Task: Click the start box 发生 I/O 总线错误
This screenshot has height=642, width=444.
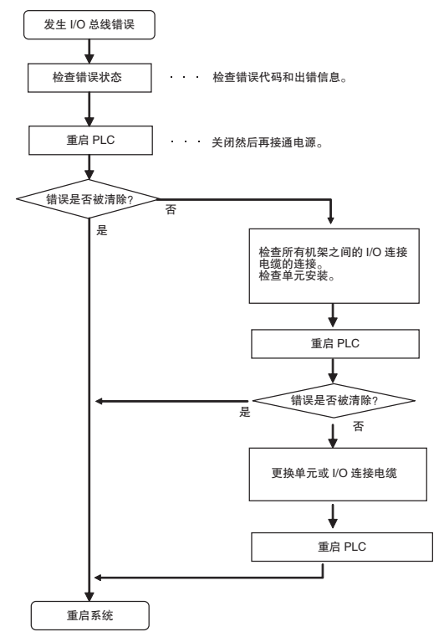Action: point(89,25)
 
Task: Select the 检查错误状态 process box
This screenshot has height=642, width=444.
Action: point(89,77)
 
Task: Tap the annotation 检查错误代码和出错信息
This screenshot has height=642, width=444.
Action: point(279,77)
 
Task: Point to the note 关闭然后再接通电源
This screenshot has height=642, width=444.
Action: point(267,142)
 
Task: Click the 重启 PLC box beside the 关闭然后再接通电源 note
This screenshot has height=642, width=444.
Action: point(90,140)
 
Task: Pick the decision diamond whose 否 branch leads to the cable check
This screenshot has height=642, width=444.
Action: point(88,199)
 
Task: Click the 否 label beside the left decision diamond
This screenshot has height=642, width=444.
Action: point(171,209)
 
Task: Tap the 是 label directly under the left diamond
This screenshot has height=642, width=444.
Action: point(102,230)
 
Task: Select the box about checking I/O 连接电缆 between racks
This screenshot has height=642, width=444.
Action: point(334,265)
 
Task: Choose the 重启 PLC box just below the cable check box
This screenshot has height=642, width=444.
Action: point(335,343)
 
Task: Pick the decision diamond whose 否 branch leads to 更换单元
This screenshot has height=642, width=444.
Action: point(334,400)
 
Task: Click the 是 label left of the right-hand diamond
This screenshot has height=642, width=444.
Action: point(244,412)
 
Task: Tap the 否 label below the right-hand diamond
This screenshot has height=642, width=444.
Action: point(358,426)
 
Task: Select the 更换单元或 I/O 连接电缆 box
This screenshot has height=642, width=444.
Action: point(338,474)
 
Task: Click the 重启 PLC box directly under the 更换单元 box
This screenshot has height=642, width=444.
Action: point(342,547)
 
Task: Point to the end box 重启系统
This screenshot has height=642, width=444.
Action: point(90,615)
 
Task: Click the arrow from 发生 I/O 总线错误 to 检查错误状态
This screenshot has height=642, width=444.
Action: point(89,51)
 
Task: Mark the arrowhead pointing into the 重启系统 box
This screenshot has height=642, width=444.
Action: point(89,596)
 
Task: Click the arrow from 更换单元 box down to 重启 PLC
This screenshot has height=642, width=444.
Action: point(333,516)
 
